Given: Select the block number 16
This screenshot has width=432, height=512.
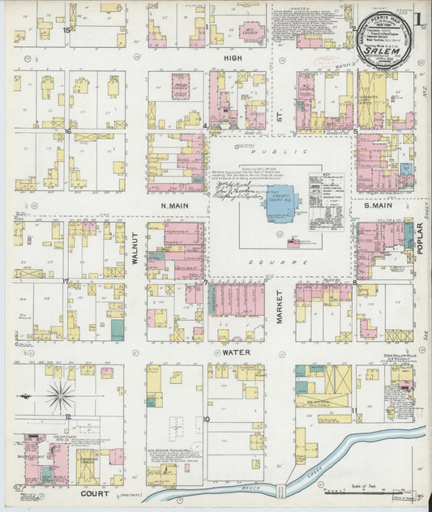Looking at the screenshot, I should [x=69, y=130].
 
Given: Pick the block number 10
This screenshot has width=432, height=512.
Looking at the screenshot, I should [x=207, y=419].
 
